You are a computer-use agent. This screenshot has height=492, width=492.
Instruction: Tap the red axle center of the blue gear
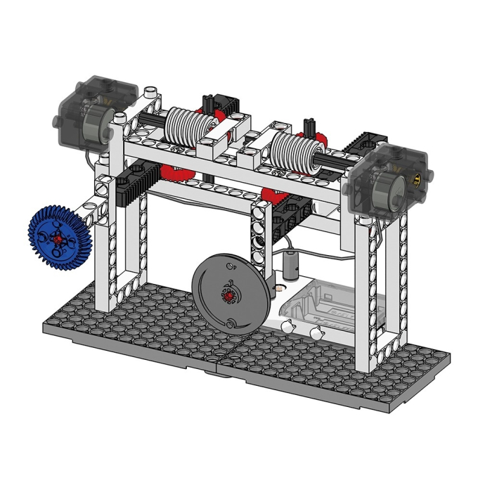[58, 238]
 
